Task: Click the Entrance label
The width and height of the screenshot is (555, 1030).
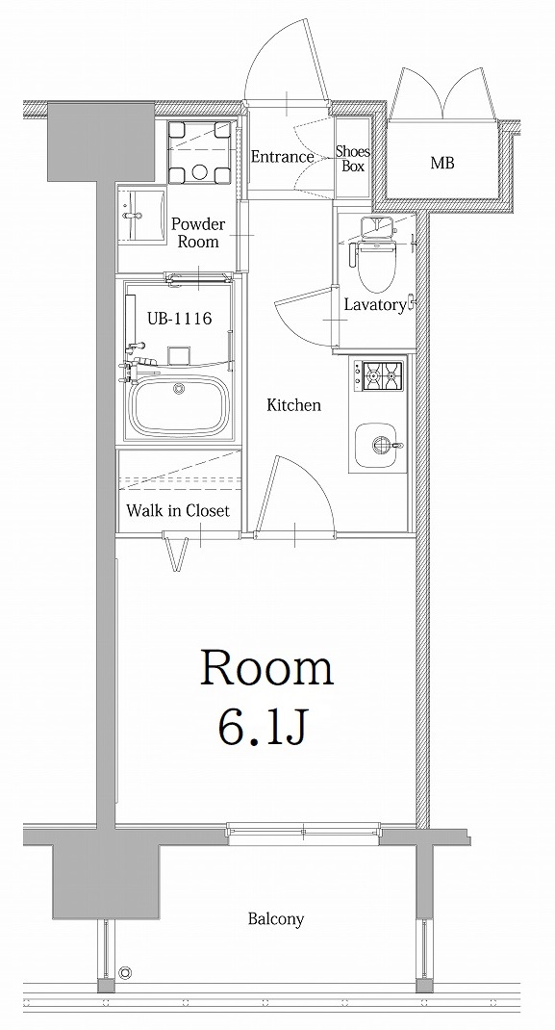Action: (x=283, y=157)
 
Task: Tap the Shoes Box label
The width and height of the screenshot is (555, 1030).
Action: (x=353, y=158)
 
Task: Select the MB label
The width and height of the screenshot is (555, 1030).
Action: (x=442, y=163)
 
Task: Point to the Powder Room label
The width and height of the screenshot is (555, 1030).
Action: (x=198, y=233)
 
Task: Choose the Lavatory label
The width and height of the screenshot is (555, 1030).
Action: (x=374, y=305)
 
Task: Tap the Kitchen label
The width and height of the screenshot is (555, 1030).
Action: (x=294, y=405)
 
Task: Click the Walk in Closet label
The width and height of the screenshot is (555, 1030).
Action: (x=178, y=510)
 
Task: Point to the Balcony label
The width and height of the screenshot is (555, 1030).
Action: (x=275, y=919)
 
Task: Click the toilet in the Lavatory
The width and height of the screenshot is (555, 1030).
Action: (x=375, y=253)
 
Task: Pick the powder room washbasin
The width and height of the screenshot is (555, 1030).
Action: (x=141, y=217)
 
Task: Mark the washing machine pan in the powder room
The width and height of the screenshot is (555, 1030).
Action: (x=199, y=152)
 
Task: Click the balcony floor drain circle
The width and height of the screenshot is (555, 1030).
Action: (x=125, y=973)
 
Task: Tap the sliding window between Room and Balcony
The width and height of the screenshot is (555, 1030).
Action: (x=304, y=831)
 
